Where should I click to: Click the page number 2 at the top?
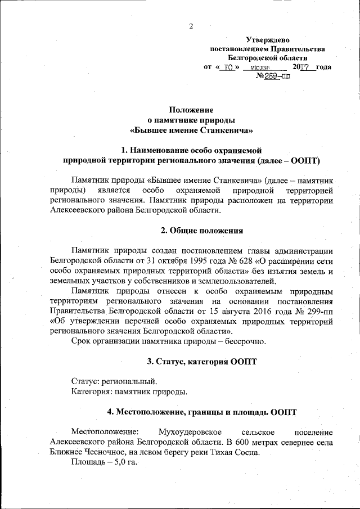pos(191,26)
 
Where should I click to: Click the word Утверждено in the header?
pos(268,39)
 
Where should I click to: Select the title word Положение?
pos(191,110)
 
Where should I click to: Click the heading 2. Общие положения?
pos(202,231)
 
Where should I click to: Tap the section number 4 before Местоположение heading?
pos(110,412)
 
